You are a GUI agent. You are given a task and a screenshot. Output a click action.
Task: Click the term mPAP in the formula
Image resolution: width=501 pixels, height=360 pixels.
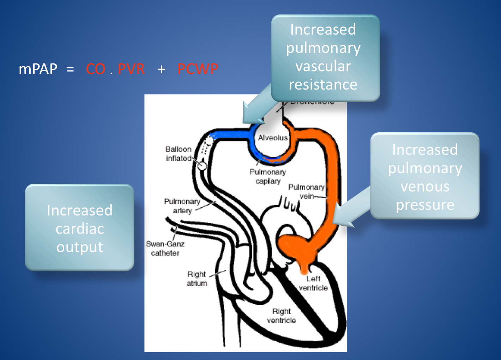(38, 69)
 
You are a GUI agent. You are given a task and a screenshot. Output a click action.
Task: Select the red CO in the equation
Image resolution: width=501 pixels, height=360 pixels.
(96, 69)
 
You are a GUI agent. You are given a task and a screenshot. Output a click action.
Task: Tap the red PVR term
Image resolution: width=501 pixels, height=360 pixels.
(131, 69)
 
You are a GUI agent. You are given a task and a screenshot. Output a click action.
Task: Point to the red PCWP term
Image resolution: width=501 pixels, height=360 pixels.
(198, 69)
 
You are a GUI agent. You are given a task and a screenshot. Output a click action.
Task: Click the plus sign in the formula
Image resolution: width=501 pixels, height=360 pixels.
(162, 69)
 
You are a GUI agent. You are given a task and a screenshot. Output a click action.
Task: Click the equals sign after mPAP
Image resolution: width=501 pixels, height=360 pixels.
(70, 69)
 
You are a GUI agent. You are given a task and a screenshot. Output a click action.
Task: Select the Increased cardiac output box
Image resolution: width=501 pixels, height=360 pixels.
(80, 228)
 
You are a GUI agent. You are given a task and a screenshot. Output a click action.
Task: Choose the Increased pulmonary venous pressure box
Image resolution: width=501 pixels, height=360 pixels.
(425, 177)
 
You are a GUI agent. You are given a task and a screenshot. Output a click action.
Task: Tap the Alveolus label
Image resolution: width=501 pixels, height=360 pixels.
(273, 138)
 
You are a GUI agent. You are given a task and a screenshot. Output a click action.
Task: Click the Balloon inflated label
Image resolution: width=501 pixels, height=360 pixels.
(179, 154)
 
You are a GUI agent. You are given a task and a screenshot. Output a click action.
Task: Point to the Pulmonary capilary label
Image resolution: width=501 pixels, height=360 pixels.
(268, 176)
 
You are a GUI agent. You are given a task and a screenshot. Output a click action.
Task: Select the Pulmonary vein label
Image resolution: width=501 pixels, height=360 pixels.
(306, 191)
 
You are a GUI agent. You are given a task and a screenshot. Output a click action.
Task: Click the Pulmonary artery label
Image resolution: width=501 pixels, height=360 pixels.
(182, 206)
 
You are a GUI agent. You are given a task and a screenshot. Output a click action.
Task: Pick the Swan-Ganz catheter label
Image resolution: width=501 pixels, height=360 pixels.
(165, 248)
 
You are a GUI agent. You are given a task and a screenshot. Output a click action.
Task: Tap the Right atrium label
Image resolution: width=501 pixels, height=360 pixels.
(197, 279)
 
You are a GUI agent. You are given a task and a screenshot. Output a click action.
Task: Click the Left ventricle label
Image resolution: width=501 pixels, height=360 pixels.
(313, 283)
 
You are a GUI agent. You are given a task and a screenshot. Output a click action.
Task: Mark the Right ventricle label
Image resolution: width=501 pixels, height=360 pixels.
(282, 316)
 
